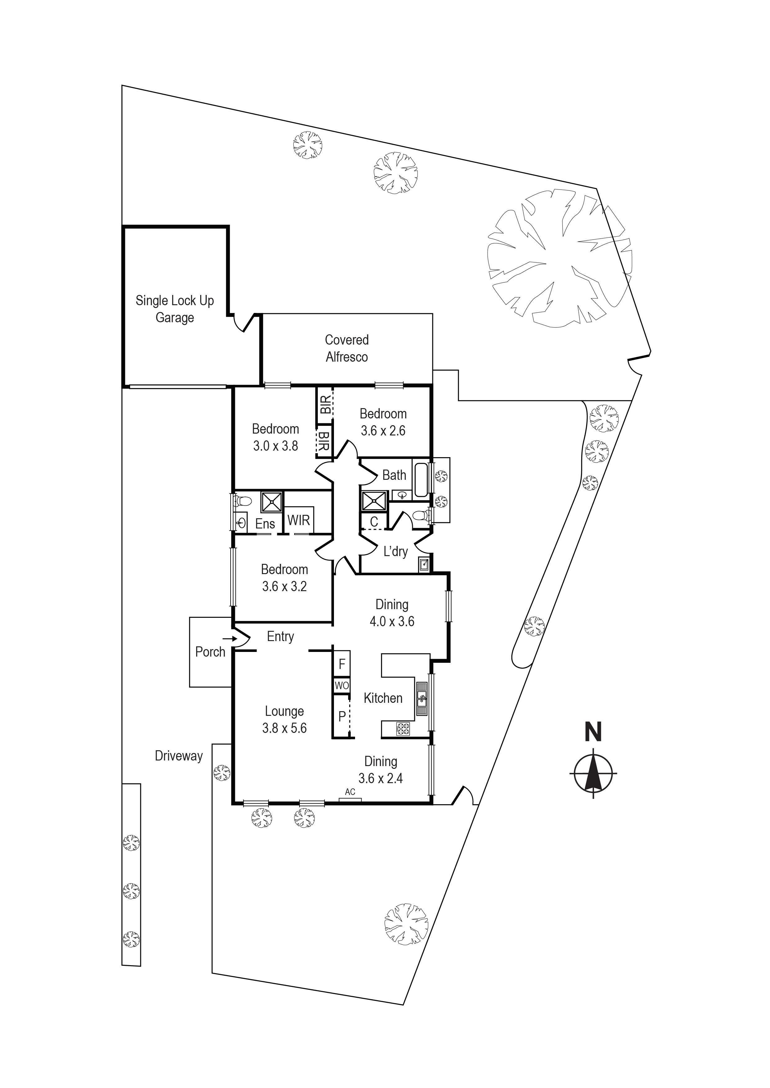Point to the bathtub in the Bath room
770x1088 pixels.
click(421, 480)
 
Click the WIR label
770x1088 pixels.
click(298, 520)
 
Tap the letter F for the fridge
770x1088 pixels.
click(341, 664)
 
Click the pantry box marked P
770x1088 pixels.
click(341, 716)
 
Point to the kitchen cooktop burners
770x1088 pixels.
click(403, 729)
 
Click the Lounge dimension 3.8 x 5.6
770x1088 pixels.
click(285, 728)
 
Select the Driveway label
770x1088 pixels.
click(179, 756)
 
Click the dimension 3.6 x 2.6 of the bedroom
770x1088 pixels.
click(383, 431)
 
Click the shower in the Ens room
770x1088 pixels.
click(272, 502)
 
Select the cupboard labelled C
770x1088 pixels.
click(374, 522)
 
